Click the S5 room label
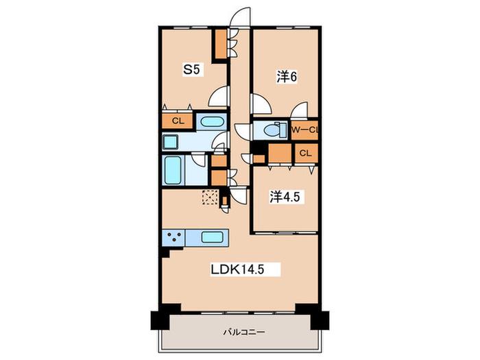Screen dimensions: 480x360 (191, 70)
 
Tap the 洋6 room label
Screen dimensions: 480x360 (287, 77)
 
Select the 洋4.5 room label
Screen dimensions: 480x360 (285, 197)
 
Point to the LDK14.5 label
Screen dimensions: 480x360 (237, 269)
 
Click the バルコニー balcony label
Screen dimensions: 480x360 (244, 332)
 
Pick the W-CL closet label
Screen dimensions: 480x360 (305, 130)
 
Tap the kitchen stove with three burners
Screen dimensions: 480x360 (173, 237)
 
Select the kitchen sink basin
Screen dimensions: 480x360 (212, 237)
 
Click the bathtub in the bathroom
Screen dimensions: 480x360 (172, 170)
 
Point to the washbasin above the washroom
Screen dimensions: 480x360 (212, 122)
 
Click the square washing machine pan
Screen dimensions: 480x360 (170, 142)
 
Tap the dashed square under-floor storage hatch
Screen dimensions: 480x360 (211, 197)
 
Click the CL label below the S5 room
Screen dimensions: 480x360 (178, 121)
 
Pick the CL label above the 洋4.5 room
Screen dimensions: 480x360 (305, 153)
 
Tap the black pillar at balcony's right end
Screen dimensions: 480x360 (320, 320)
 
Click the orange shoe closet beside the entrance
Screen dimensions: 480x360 (221, 44)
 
